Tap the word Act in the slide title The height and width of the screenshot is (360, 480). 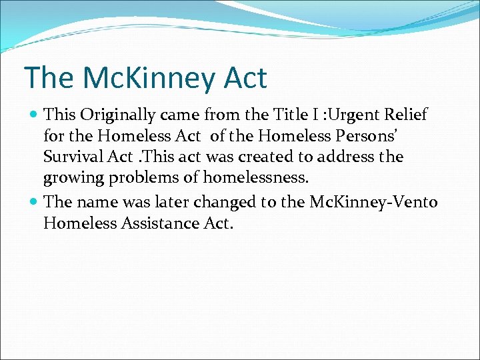click(x=245, y=77)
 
